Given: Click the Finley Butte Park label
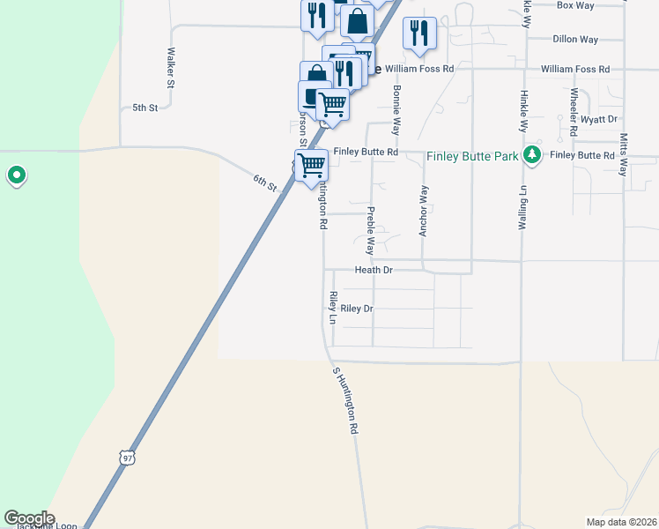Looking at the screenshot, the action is [471, 157].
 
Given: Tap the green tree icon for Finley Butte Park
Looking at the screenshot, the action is [531, 156].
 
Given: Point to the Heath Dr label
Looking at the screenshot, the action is [374, 270].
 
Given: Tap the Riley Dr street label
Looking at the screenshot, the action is [357, 309].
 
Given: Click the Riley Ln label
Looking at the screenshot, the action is [333, 307].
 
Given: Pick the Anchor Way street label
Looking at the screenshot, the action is [424, 211].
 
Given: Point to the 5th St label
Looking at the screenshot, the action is [144, 108].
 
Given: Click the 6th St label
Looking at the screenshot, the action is [265, 183].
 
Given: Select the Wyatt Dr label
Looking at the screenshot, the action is [600, 118].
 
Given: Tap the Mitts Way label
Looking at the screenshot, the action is [624, 155].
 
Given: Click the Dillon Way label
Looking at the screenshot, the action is [575, 40].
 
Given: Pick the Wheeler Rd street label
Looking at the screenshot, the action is [574, 112].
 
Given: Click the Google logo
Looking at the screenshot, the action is [29, 518].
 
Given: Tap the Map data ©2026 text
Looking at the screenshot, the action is [622, 521].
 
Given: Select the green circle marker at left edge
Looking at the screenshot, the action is [16, 176].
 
